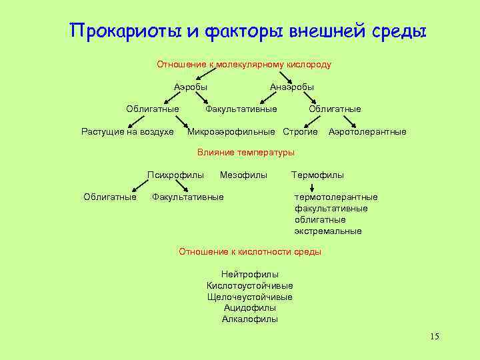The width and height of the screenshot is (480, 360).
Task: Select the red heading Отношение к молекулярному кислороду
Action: pos(244,65)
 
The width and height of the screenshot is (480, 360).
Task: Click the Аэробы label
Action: pos(191,87)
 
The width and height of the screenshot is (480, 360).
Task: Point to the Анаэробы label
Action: pos(292,87)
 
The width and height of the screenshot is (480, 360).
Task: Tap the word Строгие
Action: pos(300,131)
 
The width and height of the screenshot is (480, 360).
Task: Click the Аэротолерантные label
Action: pos(367,131)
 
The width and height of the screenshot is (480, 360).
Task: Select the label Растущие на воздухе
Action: pos(127,131)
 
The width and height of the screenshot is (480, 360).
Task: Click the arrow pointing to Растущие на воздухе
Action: pos(136,121)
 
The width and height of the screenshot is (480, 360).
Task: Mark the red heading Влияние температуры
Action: pos(246,153)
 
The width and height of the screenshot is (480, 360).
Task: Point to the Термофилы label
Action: pos(318,175)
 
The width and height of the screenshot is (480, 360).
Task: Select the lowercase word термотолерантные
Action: pos(336,197)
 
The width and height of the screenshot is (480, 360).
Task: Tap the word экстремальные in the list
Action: pos(328,231)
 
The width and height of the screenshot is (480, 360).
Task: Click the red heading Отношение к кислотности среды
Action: pos(250,251)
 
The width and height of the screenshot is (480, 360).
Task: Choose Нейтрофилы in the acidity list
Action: pos(250,274)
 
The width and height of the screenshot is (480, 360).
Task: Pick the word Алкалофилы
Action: pos(250,319)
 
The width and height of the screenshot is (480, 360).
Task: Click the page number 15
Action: pos(434,336)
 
